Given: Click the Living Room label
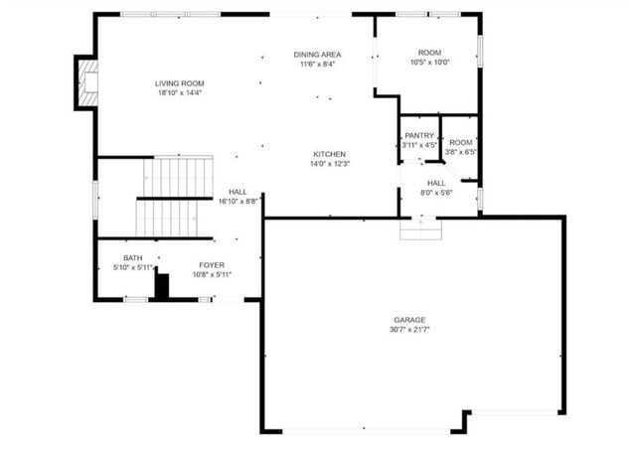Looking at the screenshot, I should tap(179, 82).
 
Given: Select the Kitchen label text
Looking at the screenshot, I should tap(329, 154).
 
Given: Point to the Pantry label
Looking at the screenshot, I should tap(419, 135).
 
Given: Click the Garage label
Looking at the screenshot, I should tap(409, 320).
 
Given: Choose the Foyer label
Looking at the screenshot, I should tap(211, 264).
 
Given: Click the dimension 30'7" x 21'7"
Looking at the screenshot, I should tap(409, 329).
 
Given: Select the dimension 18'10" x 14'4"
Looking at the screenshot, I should tap(179, 92).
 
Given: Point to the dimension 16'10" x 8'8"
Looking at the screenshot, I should tap(238, 201).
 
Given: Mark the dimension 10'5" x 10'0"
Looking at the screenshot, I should tap(429, 62).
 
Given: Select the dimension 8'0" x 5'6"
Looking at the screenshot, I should tap(437, 192).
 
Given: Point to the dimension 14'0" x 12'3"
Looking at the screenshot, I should tap(329, 164).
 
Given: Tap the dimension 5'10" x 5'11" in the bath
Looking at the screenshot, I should tap(133, 267).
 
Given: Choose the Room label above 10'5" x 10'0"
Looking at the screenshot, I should tap(429, 53).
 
